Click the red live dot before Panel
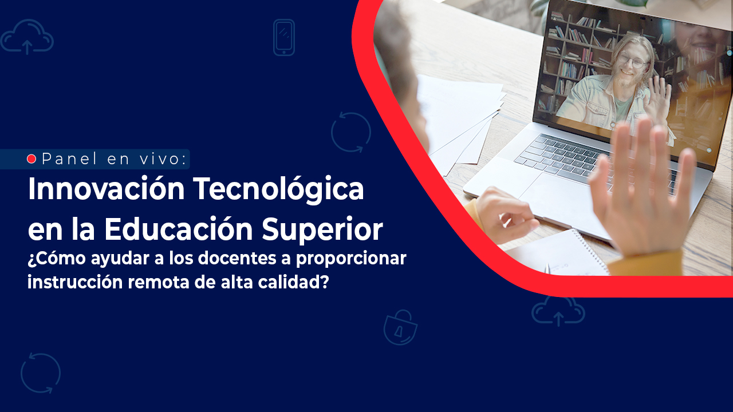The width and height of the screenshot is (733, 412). [31, 159]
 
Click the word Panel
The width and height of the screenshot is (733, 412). [70, 159]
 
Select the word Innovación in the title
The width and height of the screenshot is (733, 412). [107, 189]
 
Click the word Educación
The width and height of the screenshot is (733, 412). [178, 228]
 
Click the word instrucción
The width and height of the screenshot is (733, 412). [75, 282]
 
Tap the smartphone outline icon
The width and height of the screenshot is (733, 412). [284, 38]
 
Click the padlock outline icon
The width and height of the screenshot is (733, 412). [400, 328]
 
